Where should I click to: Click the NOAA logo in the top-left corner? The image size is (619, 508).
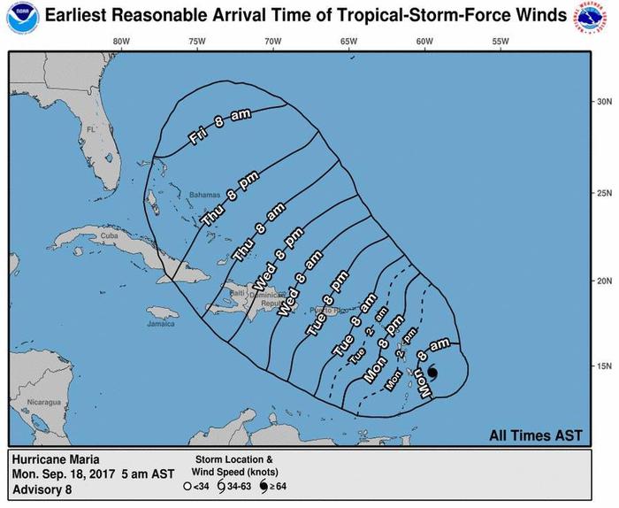pos(18,17)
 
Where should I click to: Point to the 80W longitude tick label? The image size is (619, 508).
pos(122,42)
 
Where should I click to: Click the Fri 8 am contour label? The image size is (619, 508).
pos(221,127)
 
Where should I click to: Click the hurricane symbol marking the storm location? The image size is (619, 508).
pos(432,373)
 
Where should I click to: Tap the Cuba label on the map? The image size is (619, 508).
pos(109,236)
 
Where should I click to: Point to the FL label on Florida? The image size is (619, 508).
pos(90,130)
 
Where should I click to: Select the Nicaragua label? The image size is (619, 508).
pos(43,402)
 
